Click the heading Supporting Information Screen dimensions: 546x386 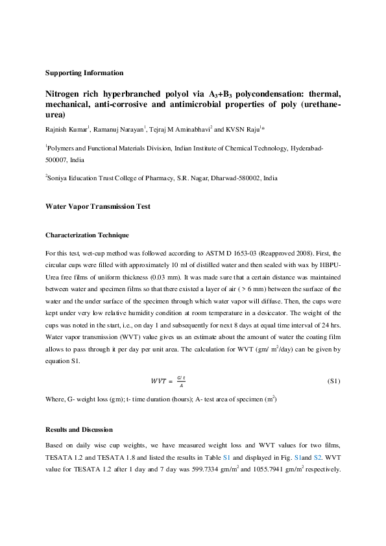(84, 73)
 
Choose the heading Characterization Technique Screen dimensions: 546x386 (87, 235)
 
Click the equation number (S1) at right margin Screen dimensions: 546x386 (333, 381)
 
